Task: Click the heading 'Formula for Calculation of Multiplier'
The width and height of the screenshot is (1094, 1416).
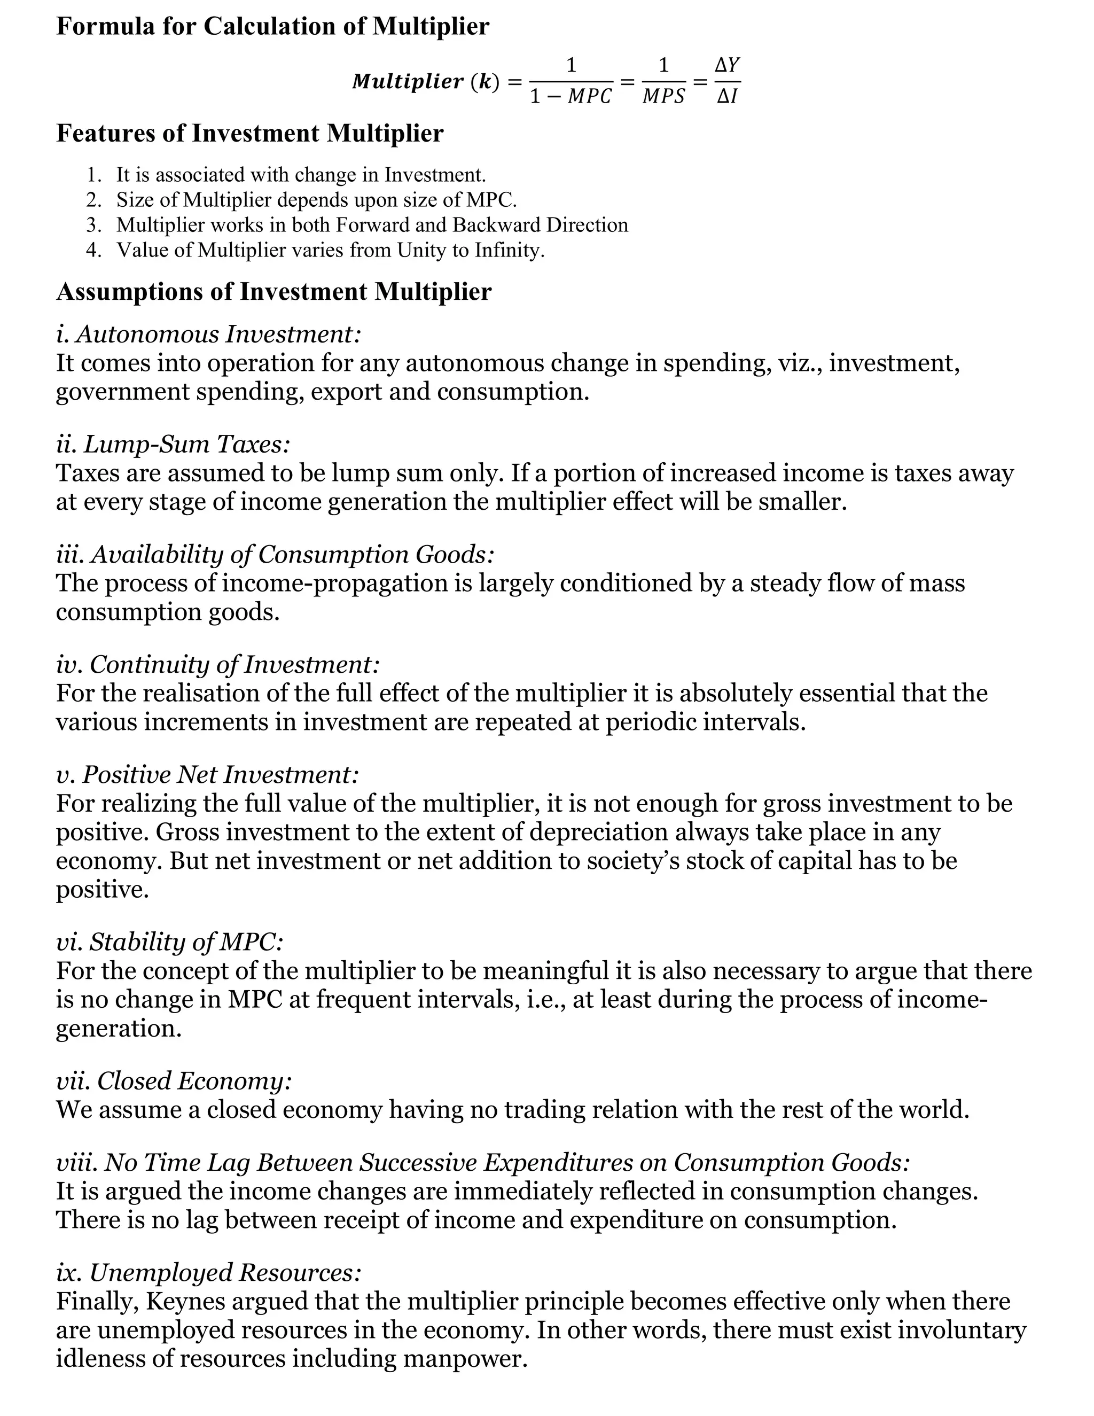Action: coord(272,27)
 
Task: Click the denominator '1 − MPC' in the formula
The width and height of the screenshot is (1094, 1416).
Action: coord(571,97)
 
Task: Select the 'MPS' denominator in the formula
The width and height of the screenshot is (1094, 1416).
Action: coord(663,97)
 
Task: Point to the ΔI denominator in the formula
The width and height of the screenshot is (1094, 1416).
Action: coord(727,97)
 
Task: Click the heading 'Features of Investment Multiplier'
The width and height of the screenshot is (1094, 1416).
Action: coord(249,134)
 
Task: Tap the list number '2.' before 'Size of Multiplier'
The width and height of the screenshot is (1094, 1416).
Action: coord(94,200)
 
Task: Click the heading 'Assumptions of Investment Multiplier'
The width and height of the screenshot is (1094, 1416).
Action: coord(273,292)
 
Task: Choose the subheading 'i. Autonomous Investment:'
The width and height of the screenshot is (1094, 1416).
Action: coord(208,334)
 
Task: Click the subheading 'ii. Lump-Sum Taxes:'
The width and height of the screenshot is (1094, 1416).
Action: coord(173,445)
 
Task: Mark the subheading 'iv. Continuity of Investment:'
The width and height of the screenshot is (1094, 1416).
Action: coord(217,665)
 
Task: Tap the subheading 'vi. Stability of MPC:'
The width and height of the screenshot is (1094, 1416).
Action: coord(170,942)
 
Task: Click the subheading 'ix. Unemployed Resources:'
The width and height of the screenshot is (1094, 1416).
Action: coord(208,1272)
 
